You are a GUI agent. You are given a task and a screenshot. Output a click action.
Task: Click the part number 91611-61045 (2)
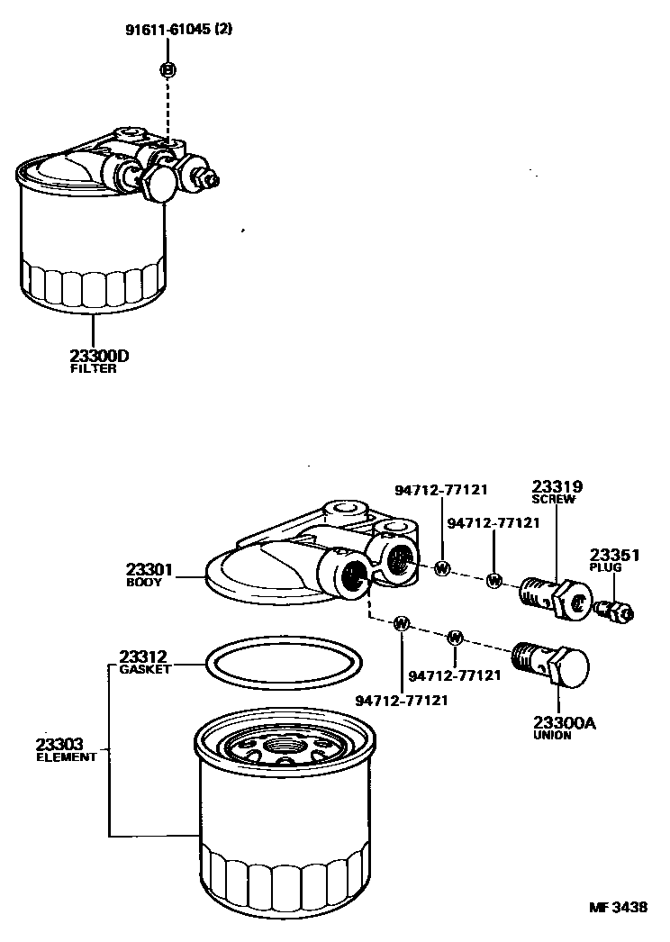point(177,29)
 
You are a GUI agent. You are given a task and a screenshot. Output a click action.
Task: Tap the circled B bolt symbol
point(167,69)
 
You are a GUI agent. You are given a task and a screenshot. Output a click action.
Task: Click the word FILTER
point(93,369)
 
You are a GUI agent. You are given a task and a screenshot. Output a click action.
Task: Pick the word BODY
point(143,583)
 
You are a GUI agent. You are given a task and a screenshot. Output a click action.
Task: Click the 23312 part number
point(145,657)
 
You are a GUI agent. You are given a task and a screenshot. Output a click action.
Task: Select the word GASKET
point(145,669)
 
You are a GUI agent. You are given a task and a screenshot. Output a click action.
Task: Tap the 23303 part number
point(60,744)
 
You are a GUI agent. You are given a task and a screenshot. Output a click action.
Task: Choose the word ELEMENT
point(66,757)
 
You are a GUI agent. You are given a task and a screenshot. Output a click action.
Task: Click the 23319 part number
point(552,485)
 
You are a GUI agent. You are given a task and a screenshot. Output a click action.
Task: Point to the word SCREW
point(552,499)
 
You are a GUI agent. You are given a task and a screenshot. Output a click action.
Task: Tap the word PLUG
point(606,568)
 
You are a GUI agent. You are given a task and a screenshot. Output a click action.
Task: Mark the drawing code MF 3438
point(620,907)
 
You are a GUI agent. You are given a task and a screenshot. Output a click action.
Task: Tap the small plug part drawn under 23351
point(615,611)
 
